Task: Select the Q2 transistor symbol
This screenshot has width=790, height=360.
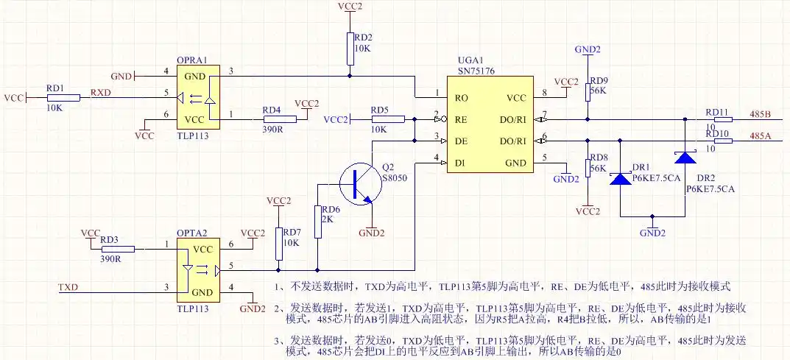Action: tap(360, 183)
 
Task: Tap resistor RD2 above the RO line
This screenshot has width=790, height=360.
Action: tap(350, 48)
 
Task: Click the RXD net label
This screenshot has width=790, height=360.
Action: tap(101, 92)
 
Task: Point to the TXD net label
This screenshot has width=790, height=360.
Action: tap(68, 286)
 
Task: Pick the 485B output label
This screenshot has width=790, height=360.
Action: tap(760, 114)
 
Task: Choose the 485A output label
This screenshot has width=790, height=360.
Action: tap(760, 135)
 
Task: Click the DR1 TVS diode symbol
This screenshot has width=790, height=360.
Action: tap(621, 177)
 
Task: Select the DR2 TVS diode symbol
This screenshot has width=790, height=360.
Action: tap(686, 157)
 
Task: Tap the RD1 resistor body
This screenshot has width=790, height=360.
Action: tap(64, 97)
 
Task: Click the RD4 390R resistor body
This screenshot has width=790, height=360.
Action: tap(279, 119)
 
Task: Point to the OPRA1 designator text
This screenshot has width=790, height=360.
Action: tap(193, 60)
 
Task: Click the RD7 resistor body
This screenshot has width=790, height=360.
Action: tap(279, 243)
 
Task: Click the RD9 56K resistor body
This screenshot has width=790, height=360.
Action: tap(588, 91)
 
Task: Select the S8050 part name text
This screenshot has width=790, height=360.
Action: tap(395, 178)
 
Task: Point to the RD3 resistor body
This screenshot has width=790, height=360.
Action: tap(127, 249)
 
